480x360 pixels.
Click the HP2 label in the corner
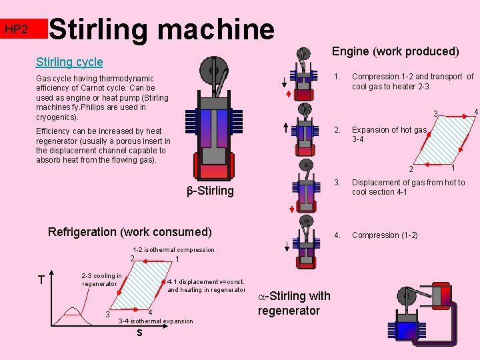[x=15, y=29]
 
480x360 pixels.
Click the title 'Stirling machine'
[x=162, y=29]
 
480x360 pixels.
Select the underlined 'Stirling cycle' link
[x=69, y=62]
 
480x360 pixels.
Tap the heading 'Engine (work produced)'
[x=395, y=51]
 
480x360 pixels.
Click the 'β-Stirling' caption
[x=210, y=191]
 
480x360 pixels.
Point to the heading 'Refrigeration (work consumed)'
[x=130, y=232]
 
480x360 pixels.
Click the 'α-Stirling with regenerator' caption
[x=293, y=303]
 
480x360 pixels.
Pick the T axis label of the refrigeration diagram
[x=41, y=280]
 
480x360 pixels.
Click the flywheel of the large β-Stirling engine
[x=214, y=69]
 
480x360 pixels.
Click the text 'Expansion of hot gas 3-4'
[x=389, y=135]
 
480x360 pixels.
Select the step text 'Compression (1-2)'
[x=385, y=235]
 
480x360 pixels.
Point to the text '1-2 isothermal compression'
[x=173, y=250]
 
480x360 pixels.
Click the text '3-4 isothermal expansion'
[x=155, y=321]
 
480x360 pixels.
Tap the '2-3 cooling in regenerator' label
[x=101, y=280]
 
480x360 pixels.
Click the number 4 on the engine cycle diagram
[x=475, y=111]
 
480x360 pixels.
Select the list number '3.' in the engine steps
[x=337, y=183]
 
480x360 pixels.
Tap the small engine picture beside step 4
[x=304, y=238]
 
